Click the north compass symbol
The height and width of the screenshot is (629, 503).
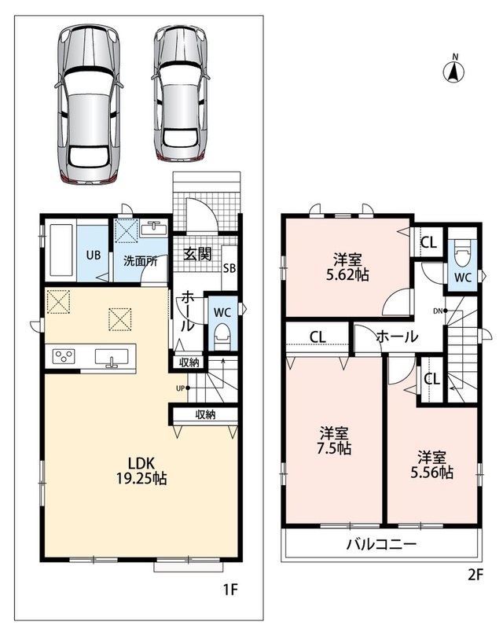click(453, 71)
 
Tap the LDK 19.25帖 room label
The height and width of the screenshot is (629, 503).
click(141, 470)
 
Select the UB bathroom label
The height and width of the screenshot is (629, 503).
click(94, 255)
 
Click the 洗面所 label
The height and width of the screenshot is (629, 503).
click(141, 262)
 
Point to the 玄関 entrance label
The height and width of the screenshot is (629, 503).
click(197, 253)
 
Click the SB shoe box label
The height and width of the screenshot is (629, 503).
click(229, 268)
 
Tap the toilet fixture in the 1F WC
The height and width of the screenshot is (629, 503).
click(222, 337)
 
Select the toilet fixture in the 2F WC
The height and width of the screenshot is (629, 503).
click(462, 252)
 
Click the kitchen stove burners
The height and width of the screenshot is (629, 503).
click(64, 356)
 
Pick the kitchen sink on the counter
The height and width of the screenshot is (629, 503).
click(112, 357)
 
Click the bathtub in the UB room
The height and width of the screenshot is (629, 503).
click(61, 250)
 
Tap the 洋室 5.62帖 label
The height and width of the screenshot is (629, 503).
click(347, 267)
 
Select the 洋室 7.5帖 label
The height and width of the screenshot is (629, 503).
click(334, 441)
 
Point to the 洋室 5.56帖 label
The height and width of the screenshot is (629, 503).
click(431, 465)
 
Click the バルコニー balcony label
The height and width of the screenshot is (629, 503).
click(381, 544)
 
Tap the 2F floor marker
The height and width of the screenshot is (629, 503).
click(475, 575)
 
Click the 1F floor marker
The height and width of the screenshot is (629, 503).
click(230, 589)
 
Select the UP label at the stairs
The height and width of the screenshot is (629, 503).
click(180, 388)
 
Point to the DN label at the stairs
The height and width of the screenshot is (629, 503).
click(438, 311)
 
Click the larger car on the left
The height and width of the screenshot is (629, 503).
click(89, 104)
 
